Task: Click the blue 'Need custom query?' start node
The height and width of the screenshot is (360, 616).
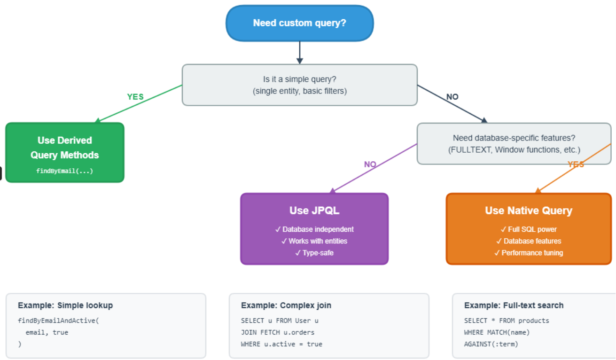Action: tap(299, 23)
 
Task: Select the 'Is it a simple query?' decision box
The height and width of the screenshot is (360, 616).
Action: tap(299, 85)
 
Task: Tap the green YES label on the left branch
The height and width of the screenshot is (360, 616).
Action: tap(135, 97)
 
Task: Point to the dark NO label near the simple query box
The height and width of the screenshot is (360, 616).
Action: tap(452, 97)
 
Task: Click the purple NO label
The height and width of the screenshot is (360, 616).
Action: tap(370, 164)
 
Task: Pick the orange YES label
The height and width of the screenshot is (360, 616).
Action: tap(576, 164)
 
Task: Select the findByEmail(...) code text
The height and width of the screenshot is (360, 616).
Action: tap(65, 171)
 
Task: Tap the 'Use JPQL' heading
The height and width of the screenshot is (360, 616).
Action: tap(314, 211)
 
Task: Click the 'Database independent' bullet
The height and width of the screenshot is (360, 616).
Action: tap(314, 229)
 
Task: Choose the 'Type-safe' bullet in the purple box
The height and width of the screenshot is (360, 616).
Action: tap(314, 253)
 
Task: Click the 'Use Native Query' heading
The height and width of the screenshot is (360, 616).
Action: tap(529, 211)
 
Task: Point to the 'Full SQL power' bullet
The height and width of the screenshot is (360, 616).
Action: tap(529, 229)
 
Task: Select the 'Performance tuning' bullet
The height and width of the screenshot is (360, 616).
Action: tap(529, 253)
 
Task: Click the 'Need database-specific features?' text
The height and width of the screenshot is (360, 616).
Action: tap(514, 138)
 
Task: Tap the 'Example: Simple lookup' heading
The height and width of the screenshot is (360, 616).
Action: tap(65, 305)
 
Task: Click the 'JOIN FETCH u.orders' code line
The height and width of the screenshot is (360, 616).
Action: tap(278, 332)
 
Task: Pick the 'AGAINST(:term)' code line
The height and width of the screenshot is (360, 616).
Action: tap(491, 344)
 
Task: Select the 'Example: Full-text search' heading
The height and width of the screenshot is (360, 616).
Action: tap(514, 305)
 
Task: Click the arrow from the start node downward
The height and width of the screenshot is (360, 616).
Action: tap(300, 52)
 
